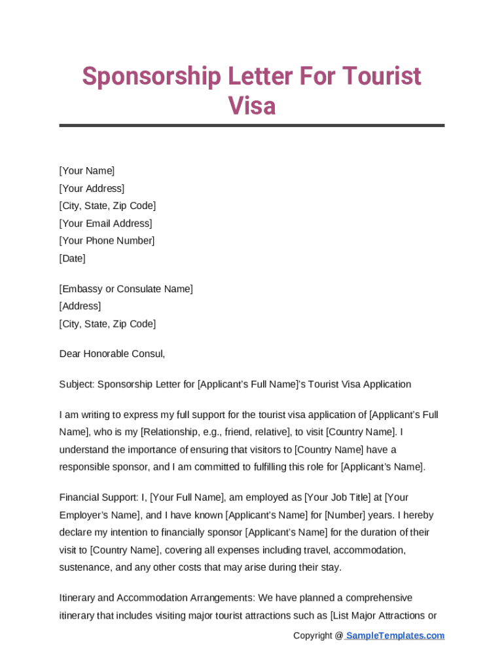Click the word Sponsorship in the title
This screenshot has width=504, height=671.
coord(151,77)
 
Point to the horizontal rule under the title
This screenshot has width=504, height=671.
coord(252,125)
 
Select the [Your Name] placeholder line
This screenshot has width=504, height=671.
coord(87,171)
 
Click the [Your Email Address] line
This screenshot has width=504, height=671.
coord(105,223)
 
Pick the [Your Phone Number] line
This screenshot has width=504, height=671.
coord(107,240)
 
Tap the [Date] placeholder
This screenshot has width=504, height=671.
coord(72,258)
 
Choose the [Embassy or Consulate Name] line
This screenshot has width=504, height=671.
coord(126,289)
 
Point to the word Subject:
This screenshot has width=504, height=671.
coord(77,384)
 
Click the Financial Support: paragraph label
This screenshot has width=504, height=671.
coord(98,497)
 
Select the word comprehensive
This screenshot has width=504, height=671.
coord(379,598)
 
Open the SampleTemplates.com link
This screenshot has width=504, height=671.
coord(395,636)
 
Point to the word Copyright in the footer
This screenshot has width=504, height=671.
coord(313,636)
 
